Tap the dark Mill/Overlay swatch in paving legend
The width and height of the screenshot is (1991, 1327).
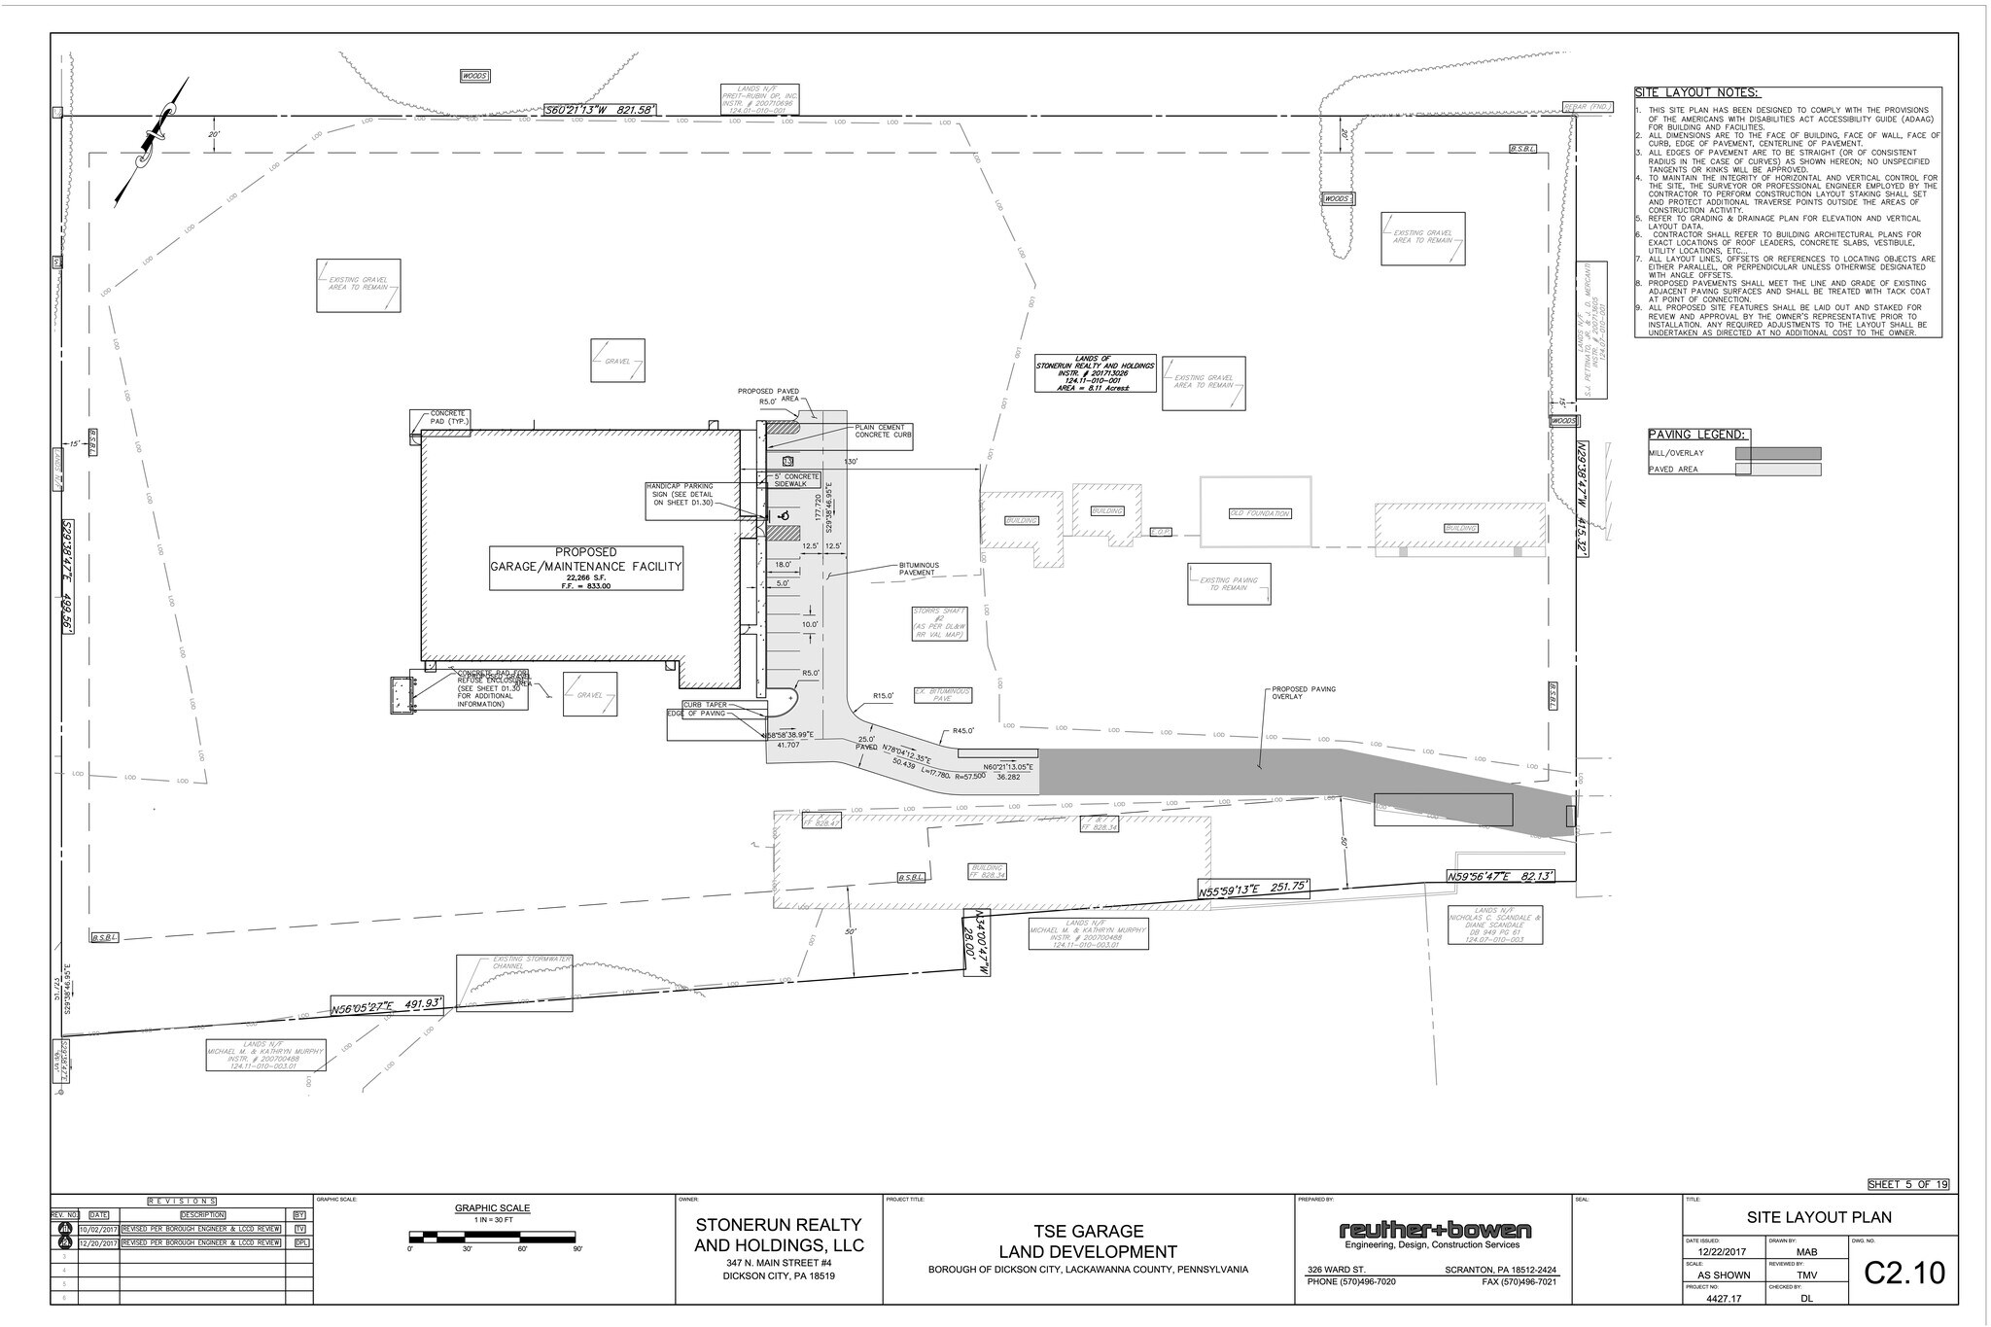(x=1777, y=454)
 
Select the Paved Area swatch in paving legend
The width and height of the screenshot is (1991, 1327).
(x=1777, y=470)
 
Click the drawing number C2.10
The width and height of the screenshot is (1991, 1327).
(x=1904, y=1273)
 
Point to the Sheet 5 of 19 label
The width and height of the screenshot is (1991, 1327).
(x=1907, y=1184)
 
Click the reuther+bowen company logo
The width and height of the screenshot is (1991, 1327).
(x=1434, y=1232)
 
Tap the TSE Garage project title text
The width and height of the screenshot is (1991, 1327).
(x=1087, y=1231)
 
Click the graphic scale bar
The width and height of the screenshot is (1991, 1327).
(x=494, y=1237)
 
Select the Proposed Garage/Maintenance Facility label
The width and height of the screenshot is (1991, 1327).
(x=585, y=560)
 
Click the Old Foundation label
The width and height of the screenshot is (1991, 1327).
(x=1259, y=513)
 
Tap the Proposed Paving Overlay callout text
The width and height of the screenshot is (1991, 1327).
(x=1304, y=693)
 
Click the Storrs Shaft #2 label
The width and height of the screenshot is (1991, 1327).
(x=938, y=623)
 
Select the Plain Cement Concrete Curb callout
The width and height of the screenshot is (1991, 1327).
(x=883, y=432)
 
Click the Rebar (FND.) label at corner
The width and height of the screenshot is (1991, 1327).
(x=1588, y=107)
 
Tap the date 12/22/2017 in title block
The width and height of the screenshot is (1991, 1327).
(x=1716, y=1252)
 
